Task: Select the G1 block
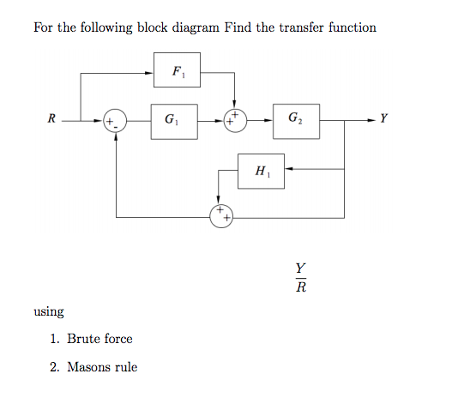tap(176, 119)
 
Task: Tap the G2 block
tap(295, 119)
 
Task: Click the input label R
tap(52, 119)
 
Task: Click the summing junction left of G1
tap(115, 120)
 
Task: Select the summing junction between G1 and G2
tap(234, 120)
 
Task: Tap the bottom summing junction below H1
tap(222, 215)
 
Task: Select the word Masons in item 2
tap(92, 367)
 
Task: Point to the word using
tap(49, 311)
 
